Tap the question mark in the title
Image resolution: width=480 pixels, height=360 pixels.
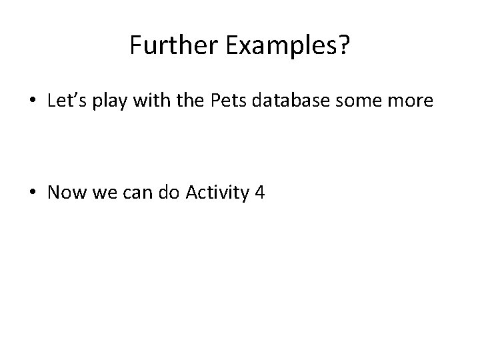point(344,45)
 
